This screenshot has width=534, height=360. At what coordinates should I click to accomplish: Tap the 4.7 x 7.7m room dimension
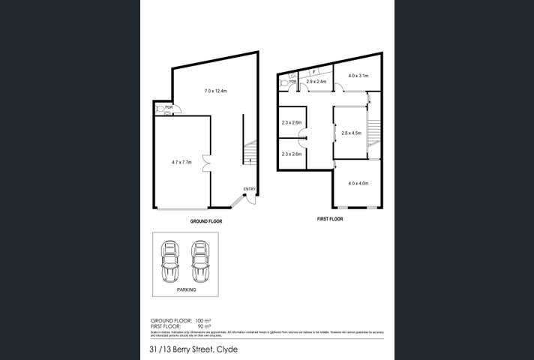click(182, 161)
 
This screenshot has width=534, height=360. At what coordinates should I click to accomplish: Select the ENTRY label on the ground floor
click(250, 189)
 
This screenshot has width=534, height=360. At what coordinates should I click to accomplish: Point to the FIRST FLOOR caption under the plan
click(329, 220)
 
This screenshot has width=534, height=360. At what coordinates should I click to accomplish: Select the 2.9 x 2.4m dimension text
click(316, 81)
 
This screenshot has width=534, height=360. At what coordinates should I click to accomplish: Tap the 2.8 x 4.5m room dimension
click(352, 133)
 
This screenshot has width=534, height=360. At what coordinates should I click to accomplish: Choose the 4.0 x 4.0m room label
click(357, 183)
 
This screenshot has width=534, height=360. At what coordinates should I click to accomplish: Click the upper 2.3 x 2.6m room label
click(291, 122)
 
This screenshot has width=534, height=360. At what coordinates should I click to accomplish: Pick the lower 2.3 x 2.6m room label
click(291, 154)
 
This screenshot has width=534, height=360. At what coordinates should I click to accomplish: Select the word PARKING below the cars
click(187, 289)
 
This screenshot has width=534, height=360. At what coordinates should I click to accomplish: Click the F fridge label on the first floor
click(313, 72)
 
